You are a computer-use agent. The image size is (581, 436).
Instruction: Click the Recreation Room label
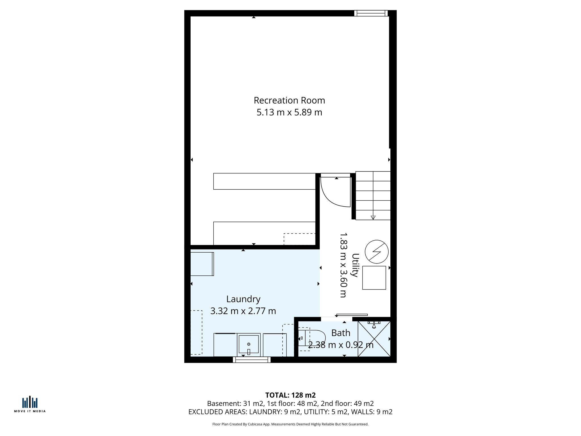click(289, 100)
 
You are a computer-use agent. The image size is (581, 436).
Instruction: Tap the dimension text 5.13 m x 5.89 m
click(289, 112)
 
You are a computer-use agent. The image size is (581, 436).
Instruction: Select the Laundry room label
click(243, 299)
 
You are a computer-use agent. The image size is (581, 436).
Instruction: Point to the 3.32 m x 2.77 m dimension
click(243, 311)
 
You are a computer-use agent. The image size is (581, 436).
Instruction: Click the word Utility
click(355, 265)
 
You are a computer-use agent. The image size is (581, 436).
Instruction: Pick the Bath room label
click(340, 333)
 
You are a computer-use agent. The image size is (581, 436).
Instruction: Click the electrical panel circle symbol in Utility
click(376, 252)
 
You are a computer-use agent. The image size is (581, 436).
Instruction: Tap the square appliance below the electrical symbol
click(374, 278)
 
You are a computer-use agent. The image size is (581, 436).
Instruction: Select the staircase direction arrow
click(373, 217)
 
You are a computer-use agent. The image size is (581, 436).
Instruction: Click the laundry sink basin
click(249, 344)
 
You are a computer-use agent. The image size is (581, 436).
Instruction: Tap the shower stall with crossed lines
click(374, 339)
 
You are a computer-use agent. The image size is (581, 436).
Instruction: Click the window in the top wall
click(371, 13)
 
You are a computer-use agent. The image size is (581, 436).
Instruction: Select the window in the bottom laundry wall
click(252, 360)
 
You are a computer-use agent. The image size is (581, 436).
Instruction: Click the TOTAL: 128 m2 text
click(290, 395)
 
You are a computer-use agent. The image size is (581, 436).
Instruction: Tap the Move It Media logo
click(30, 404)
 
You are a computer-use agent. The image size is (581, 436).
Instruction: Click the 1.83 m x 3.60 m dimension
click(343, 265)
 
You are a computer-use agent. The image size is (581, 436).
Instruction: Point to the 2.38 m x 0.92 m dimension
click(340, 345)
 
